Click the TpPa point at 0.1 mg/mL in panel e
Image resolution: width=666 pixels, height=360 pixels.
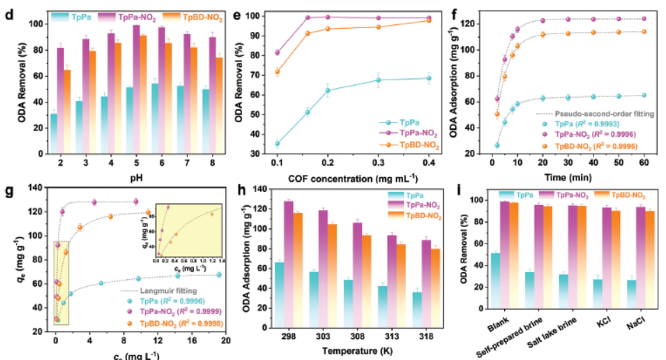tap(277, 144)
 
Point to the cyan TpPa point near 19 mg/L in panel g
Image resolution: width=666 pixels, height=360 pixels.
tap(219, 275)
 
